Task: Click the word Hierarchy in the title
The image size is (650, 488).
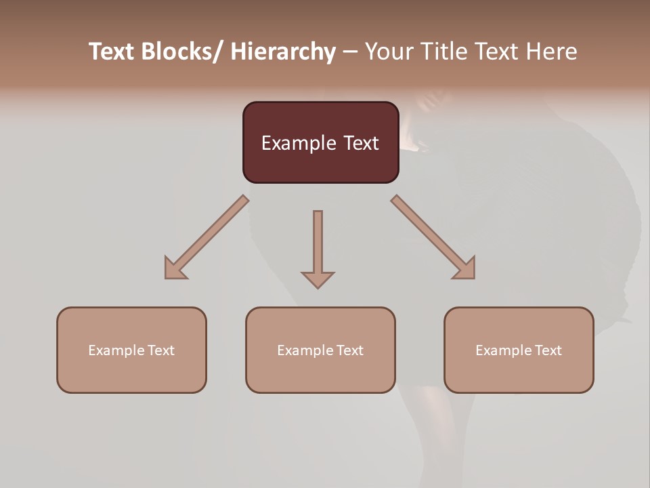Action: coord(283,52)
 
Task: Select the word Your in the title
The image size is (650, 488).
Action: coord(390,52)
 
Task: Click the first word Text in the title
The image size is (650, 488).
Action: coord(112,52)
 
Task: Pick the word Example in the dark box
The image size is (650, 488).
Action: coord(298,143)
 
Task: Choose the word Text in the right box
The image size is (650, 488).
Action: coord(547,350)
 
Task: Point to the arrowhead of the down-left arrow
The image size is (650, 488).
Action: coord(173,270)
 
